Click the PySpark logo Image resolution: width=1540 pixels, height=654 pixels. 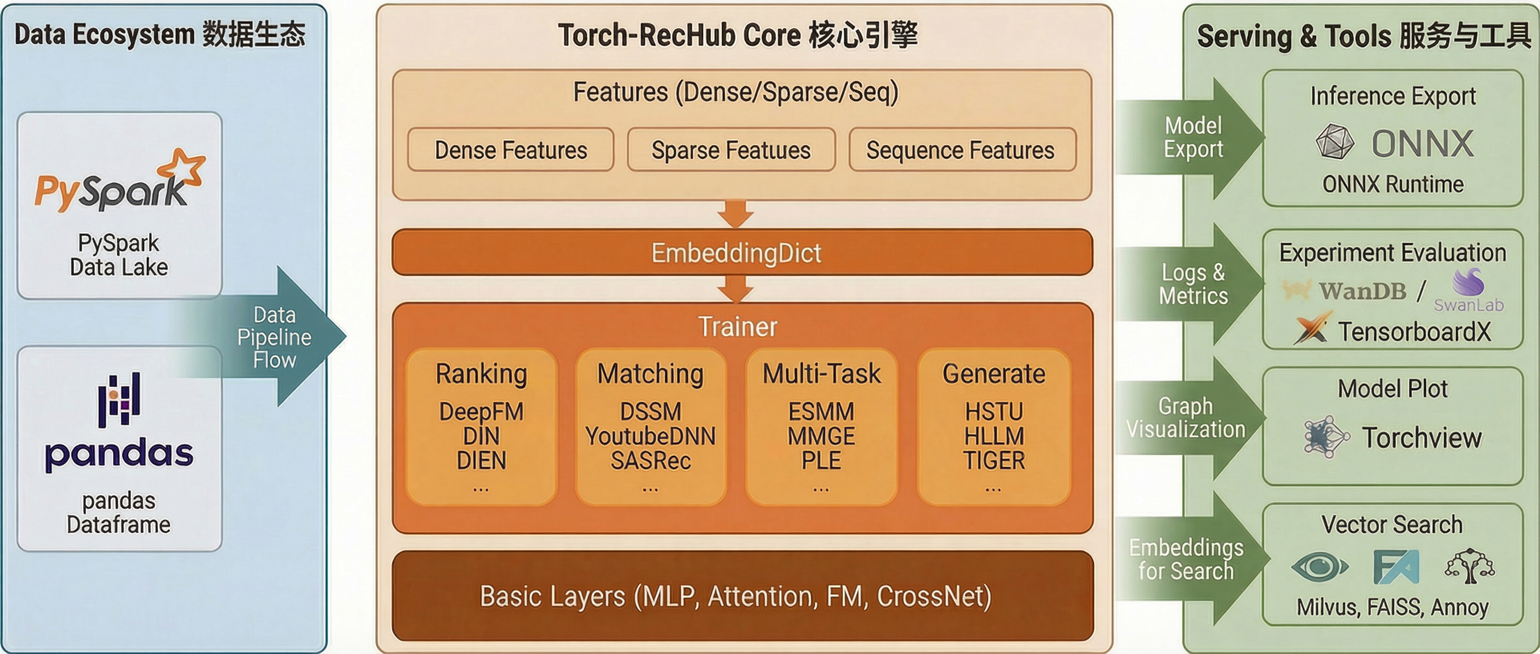[120, 182]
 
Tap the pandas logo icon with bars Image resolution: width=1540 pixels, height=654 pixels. [119, 399]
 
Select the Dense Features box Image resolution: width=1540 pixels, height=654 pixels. [511, 150]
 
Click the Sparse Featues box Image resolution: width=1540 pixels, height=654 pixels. [731, 150]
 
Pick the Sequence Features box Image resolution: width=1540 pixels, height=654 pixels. [960, 150]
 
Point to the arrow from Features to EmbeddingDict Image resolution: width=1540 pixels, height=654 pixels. [736, 214]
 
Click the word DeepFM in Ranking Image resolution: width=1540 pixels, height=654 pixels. [481, 412]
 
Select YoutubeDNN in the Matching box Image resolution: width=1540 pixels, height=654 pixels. [650, 437]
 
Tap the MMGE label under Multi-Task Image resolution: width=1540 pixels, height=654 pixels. [821, 437]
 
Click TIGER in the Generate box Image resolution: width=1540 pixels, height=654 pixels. [994, 461]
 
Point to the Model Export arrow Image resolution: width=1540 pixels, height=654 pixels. [1195, 138]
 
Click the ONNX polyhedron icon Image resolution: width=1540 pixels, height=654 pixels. [1335, 143]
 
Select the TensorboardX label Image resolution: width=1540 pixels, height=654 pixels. [1414, 331]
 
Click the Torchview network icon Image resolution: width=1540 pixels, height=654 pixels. [1326, 437]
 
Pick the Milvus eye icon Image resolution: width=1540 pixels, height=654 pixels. [1319, 567]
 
